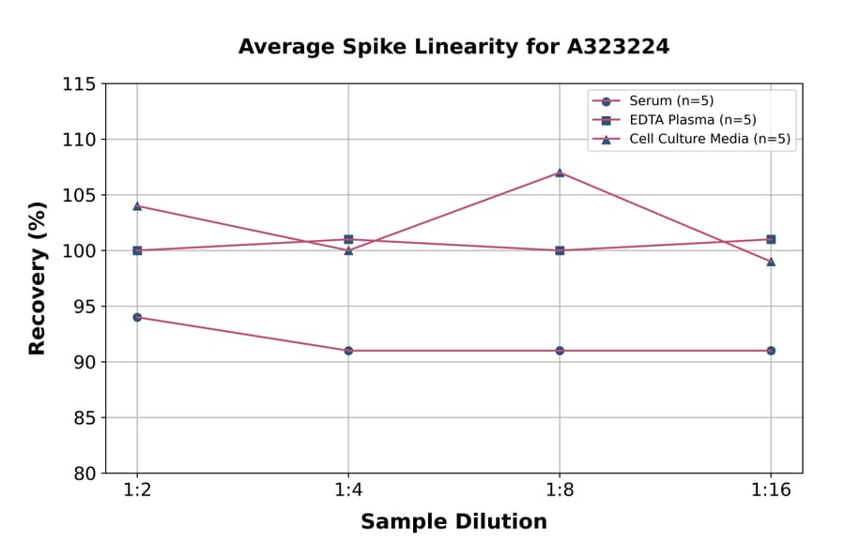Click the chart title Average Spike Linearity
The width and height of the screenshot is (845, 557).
pyautogui.click(x=453, y=47)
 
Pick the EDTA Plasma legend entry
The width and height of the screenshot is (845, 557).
pyautogui.click(x=692, y=120)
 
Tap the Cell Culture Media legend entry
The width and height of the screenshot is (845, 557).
pyautogui.click(x=709, y=139)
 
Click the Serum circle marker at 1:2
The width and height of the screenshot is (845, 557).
pyautogui.click(x=137, y=317)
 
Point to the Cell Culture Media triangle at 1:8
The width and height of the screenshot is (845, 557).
pyautogui.click(x=560, y=173)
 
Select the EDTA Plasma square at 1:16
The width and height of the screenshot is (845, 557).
pyautogui.click(x=771, y=239)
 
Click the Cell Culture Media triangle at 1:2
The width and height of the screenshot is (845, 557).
pyautogui.click(x=137, y=205)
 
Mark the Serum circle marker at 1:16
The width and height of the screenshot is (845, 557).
pyautogui.click(x=771, y=351)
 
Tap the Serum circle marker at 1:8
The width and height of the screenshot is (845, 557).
pyautogui.click(x=560, y=351)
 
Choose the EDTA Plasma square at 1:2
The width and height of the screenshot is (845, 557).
pyautogui.click(x=137, y=250)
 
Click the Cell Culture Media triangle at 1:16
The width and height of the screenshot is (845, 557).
pyautogui.click(x=771, y=262)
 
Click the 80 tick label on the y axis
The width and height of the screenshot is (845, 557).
pyautogui.click(x=84, y=474)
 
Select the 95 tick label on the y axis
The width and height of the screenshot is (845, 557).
pyautogui.click(x=84, y=307)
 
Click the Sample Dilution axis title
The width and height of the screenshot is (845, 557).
pyautogui.click(x=453, y=522)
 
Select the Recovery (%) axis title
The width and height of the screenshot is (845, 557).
pyautogui.click(x=38, y=278)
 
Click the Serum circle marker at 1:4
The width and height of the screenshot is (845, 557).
pyautogui.click(x=348, y=351)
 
